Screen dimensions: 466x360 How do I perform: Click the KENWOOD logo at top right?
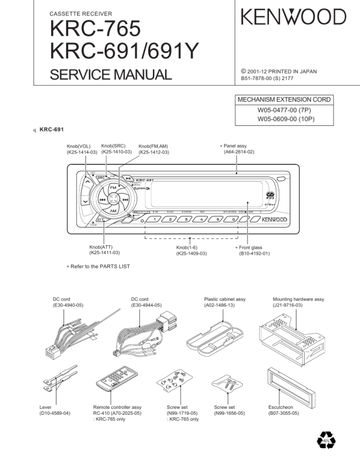click(x=293, y=17)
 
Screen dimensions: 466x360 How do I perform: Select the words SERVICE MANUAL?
click(x=111, y=75)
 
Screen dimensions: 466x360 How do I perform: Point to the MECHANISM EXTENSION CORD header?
click(x=284, y=99)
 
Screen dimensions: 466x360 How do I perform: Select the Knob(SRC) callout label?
click(x=116, y=149)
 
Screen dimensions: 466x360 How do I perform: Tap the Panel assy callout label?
click(x=238, y=148)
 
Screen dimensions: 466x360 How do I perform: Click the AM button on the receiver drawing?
click(x=114, y=211)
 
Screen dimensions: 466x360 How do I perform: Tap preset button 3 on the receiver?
click(x=186, y=219)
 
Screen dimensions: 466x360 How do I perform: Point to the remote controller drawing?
click(x=111, y=385)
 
